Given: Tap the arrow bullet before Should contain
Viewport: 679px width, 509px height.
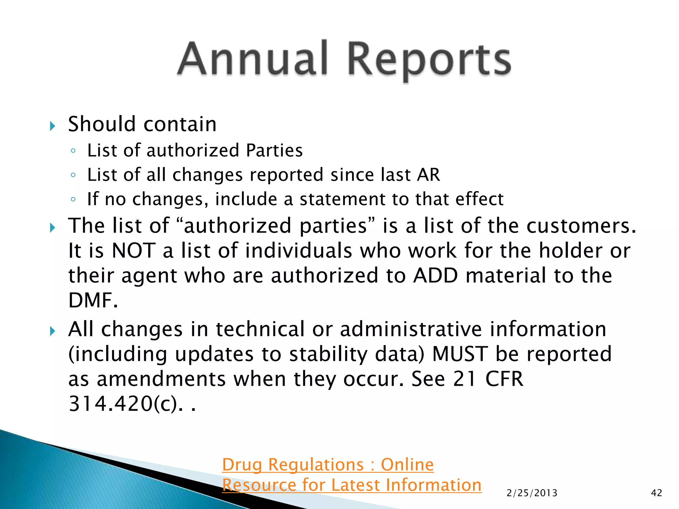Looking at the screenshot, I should click(x=52, y=126).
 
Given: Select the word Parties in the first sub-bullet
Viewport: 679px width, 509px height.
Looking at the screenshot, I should click(x=274, y=150).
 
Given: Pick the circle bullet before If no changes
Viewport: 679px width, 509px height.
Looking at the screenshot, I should click(x=73, y=199).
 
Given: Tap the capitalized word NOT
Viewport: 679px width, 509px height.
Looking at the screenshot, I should click(x=134, y=251).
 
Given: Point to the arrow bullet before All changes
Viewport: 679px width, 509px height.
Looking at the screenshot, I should click(x=52, y=331).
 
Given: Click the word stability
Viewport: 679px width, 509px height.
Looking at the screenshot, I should click(x=328, y=354).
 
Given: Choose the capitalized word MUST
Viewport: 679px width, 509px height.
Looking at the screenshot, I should click(x=460, y=354).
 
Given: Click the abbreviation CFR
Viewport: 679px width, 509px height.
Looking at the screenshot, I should click(x=504, y=379).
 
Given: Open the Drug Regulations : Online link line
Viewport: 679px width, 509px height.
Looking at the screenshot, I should click(x=328, y=465).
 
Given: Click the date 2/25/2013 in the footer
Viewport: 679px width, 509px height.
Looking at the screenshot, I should click(x=532, y=493).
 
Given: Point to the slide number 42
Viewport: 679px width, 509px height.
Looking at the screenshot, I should click(x=656, y=493).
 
